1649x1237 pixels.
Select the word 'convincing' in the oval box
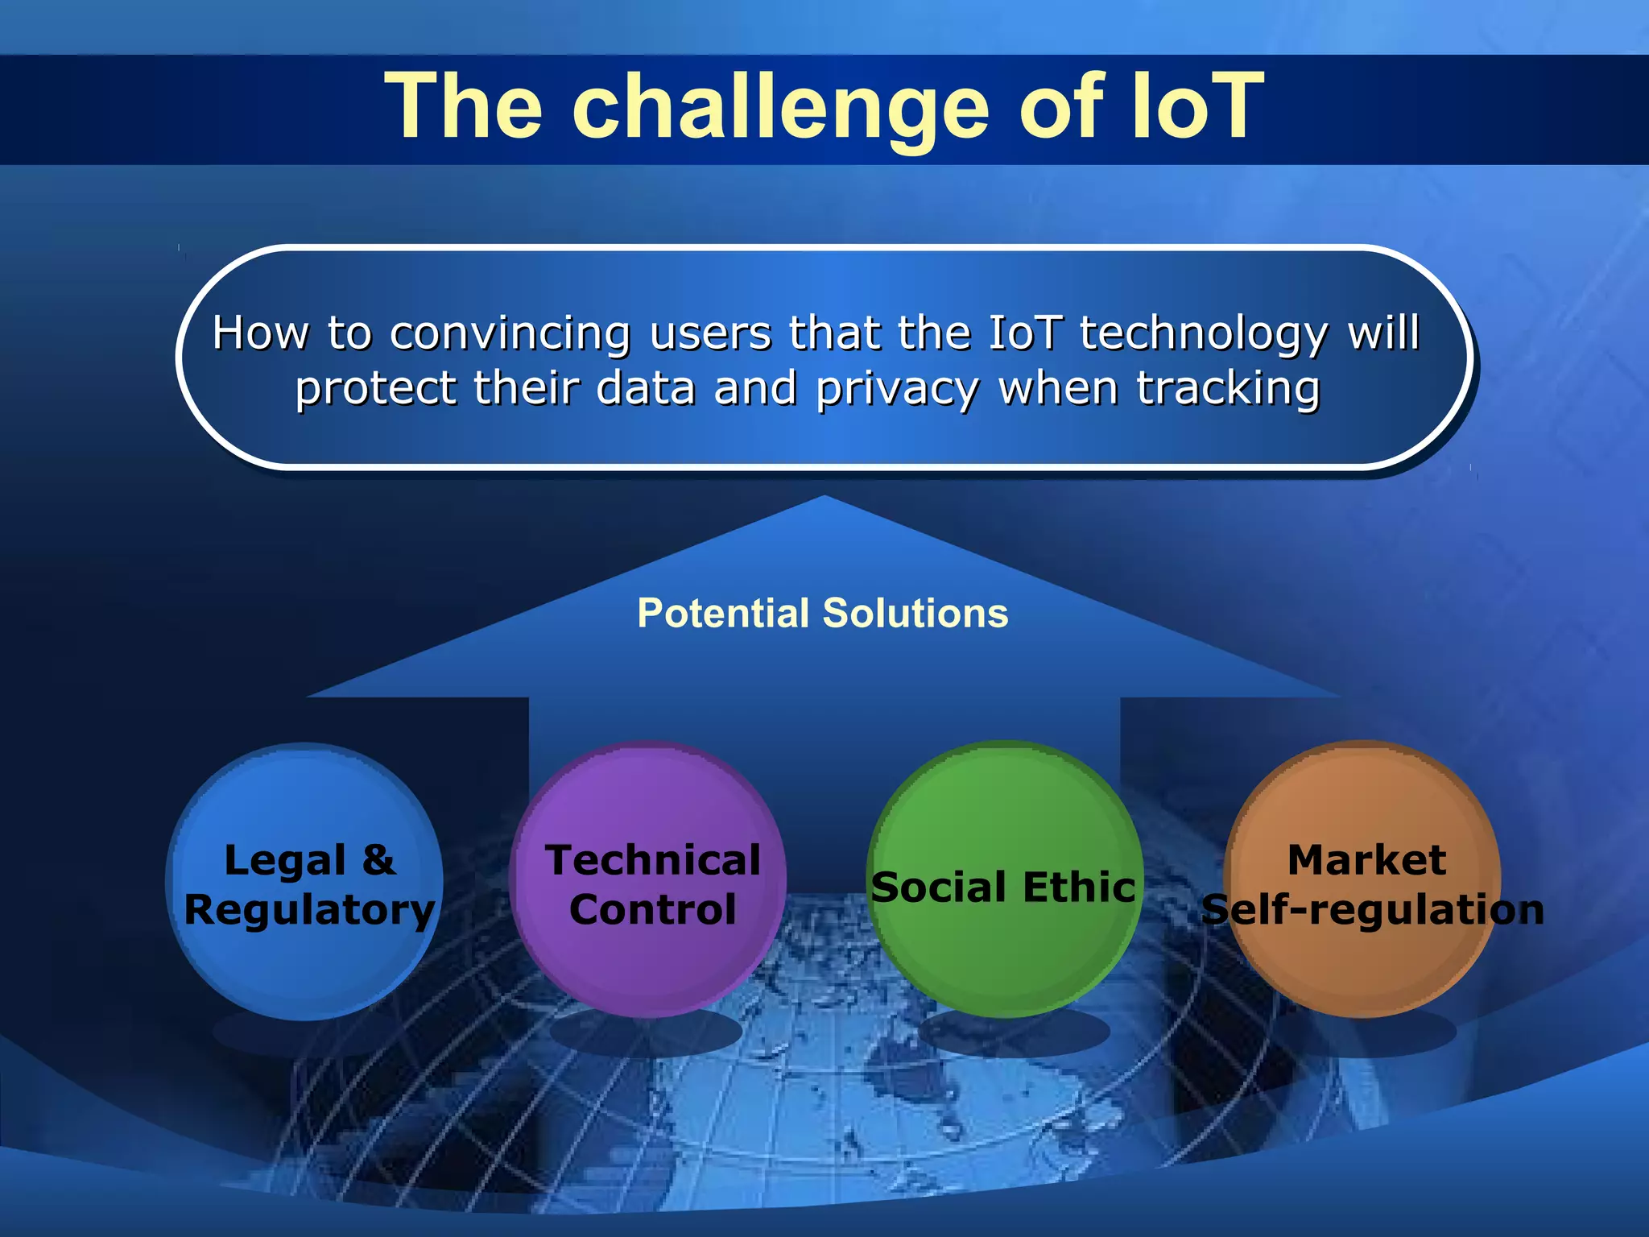tap(510, 333)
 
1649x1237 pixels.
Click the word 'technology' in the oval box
tap(1203, 334)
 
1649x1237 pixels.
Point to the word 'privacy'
tap(898, 390)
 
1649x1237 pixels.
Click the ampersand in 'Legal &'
tap(378, 859)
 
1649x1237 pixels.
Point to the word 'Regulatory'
tap(309, 911)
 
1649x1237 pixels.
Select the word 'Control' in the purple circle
tap(652, 910)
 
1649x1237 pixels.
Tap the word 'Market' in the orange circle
tap(1366, 859)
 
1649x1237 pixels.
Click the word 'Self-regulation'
tap(1372, 910)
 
